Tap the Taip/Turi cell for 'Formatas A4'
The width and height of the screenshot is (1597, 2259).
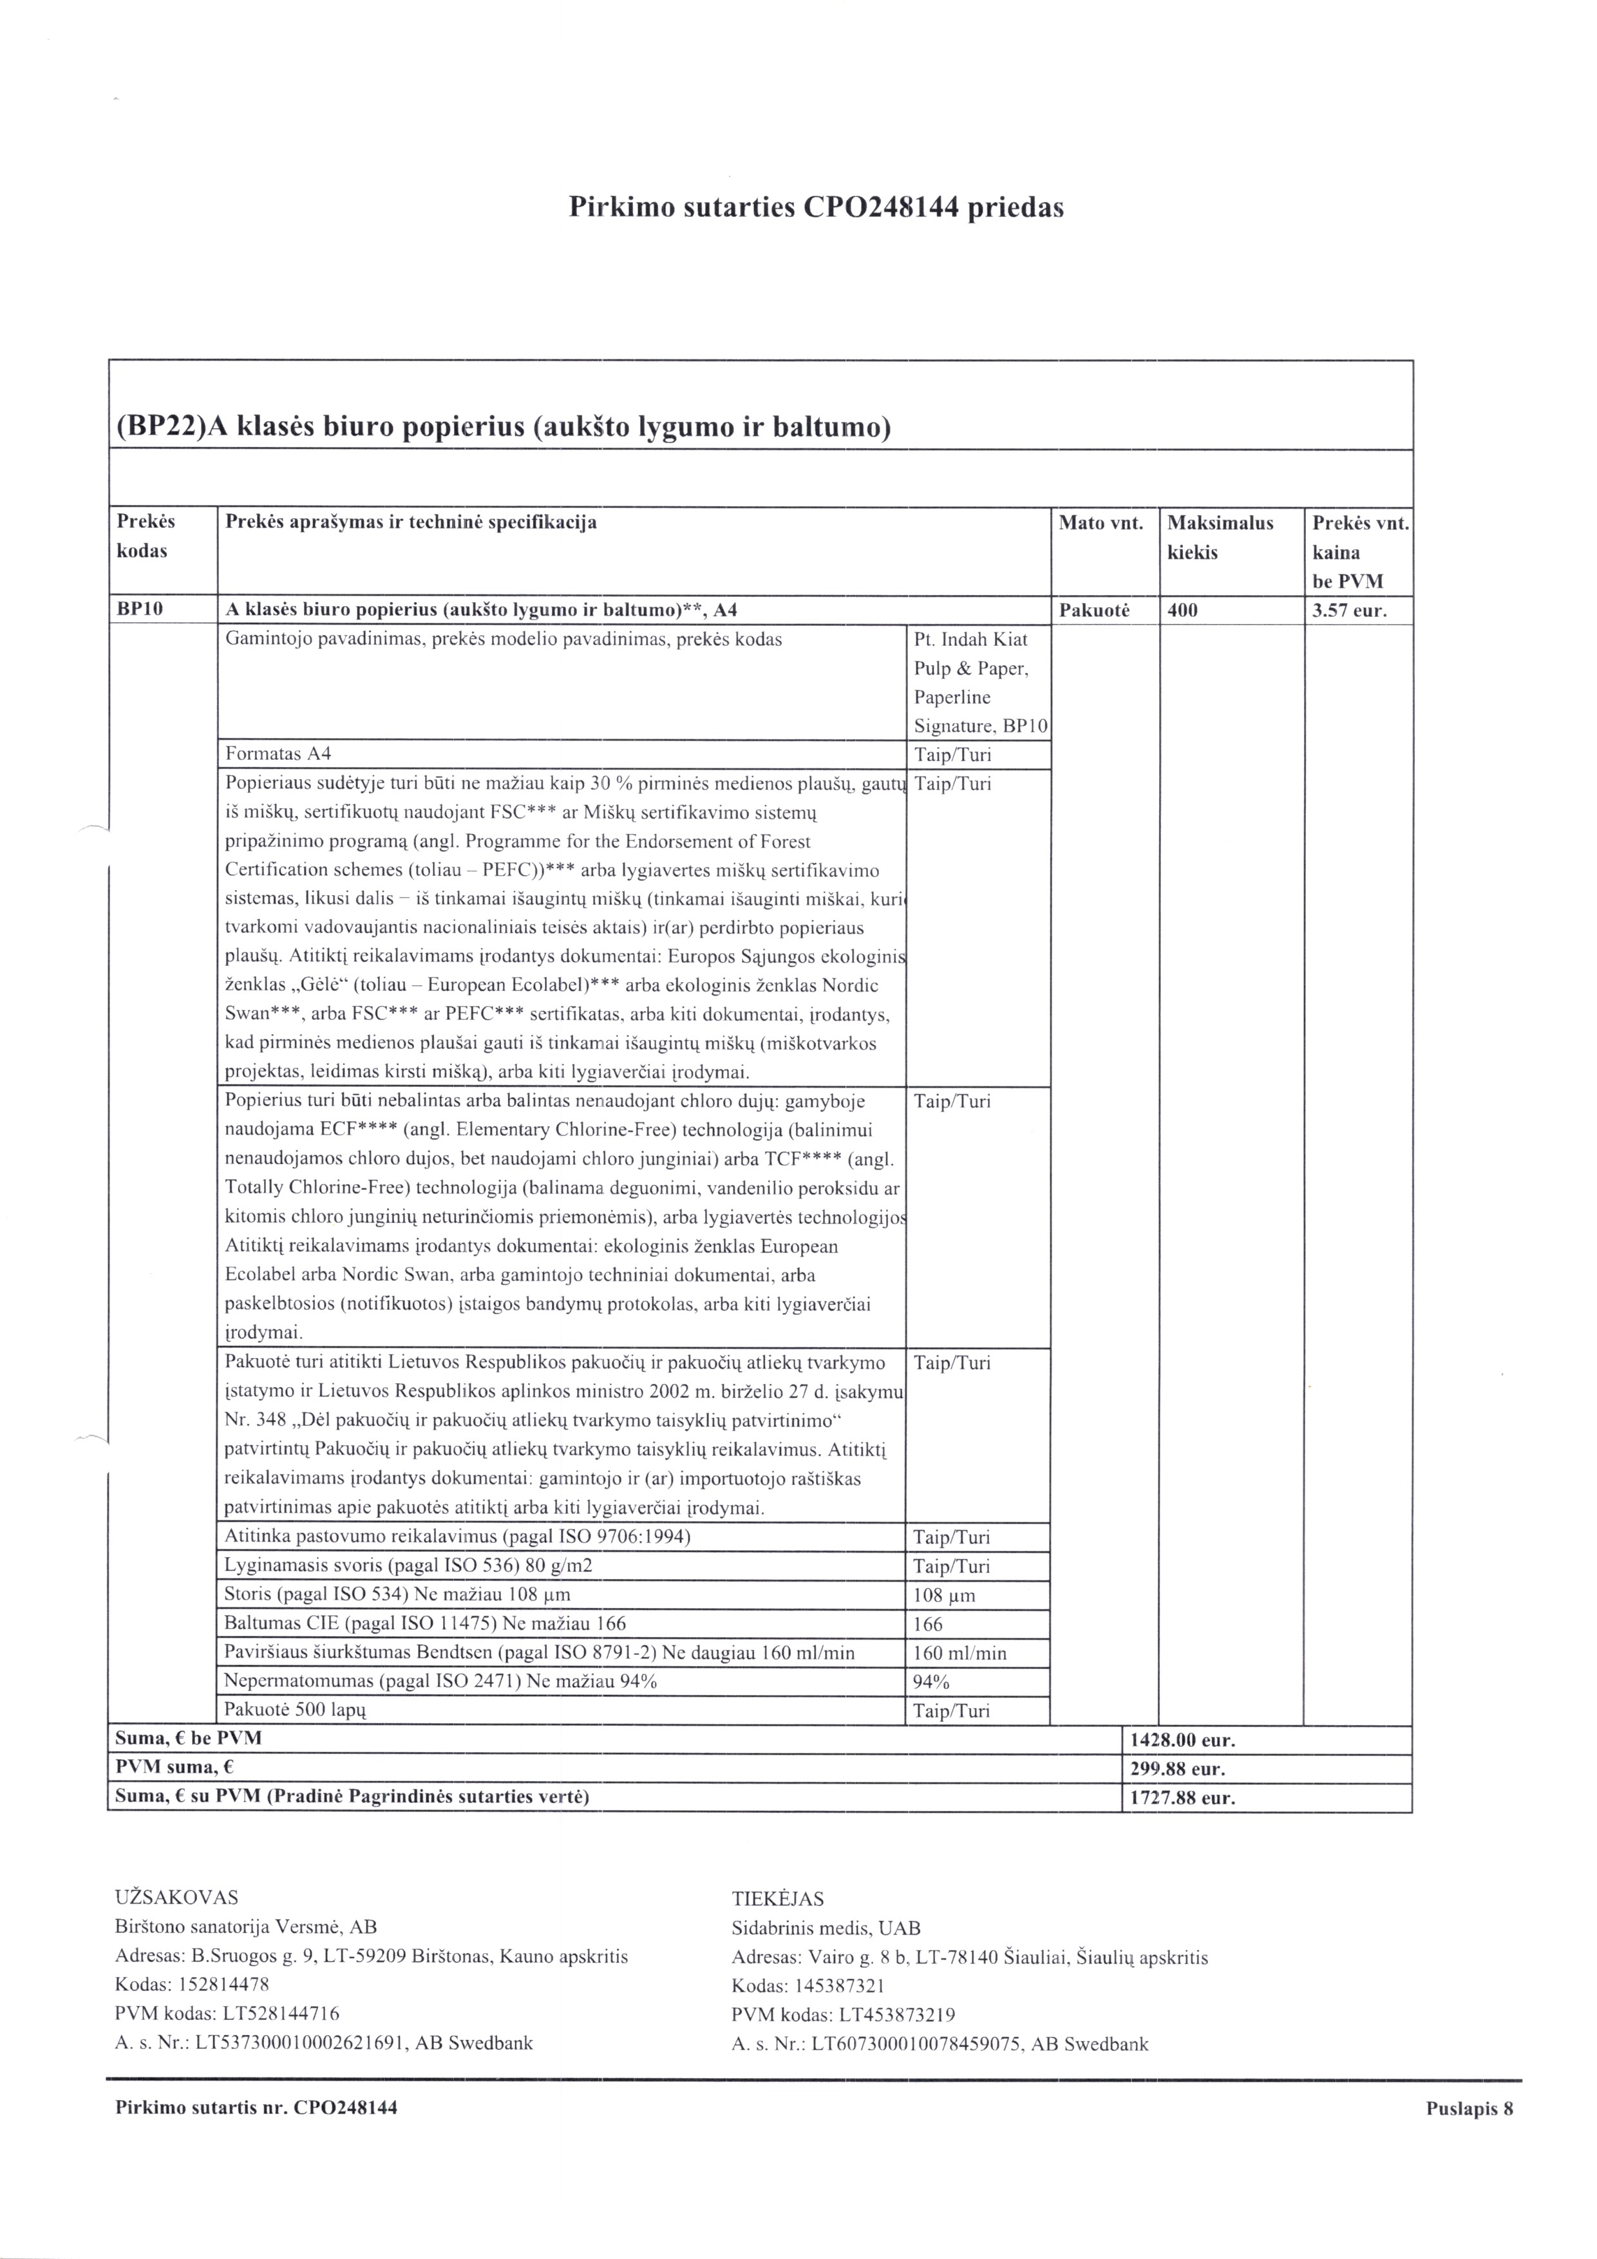click(x=952, y=755)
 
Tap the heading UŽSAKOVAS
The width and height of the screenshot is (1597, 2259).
click(x=176, y=1898)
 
